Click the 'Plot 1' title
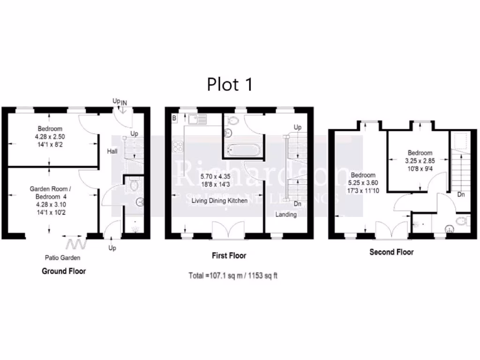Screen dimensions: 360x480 click(230, 84)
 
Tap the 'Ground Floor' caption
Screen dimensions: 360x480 click(64, 271)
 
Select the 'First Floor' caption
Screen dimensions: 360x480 click(229, 255)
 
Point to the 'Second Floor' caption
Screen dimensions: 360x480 click(391, 252)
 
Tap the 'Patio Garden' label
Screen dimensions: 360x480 click(62, 257)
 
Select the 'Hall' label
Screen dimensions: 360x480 click(112, 151)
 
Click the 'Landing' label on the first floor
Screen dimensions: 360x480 click(285, 214)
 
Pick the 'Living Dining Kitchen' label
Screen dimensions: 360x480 click(219, 201)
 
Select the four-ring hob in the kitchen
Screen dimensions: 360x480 click(178, 147)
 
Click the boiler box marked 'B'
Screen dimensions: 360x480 click(174, 118)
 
